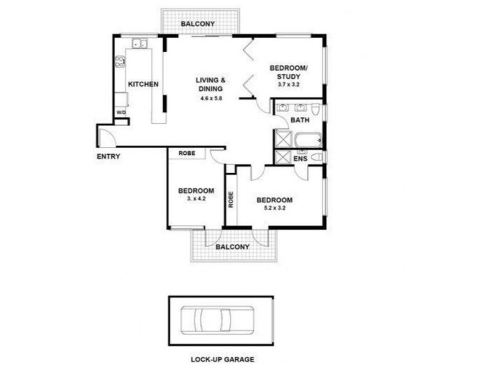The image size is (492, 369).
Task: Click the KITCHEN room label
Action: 143,84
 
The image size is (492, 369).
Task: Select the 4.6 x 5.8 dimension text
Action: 211,98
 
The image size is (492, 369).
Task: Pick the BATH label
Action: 300,121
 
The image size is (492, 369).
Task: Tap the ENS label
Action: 300,159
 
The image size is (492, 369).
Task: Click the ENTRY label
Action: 108,156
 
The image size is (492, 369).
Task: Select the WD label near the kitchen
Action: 121,113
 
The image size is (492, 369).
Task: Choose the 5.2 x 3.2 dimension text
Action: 274,208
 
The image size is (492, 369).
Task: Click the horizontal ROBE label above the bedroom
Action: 187,153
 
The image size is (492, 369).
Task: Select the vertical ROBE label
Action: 231,199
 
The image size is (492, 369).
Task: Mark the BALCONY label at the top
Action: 197,25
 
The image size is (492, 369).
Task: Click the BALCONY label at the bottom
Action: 232,247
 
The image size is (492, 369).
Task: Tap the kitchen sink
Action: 140,44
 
